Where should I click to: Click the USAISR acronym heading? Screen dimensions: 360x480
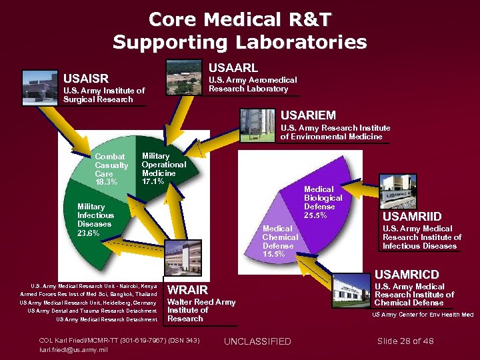click(x=86, y=78)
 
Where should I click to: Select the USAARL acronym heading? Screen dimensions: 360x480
click(x=233, y=68)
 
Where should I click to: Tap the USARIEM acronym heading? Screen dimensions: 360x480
click(x=308, y=115)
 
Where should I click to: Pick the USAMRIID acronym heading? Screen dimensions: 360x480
click(x=411, y=217)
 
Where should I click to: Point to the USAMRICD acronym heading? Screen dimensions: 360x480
click(x=407, y=274)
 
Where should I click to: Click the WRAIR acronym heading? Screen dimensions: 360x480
click(x=187, y=290)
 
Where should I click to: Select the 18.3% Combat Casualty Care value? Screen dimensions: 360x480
click(x=106, y=182)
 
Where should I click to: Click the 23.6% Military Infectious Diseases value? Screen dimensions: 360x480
click(x=89, y=233)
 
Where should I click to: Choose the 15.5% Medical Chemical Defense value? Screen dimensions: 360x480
click(x=274, y=254)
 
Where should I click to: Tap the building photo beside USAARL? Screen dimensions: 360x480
click(x=183, y=75)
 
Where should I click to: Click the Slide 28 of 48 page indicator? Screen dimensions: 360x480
click(x=405, y=341)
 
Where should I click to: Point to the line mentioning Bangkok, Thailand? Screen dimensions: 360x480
click(x=89, y=294)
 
